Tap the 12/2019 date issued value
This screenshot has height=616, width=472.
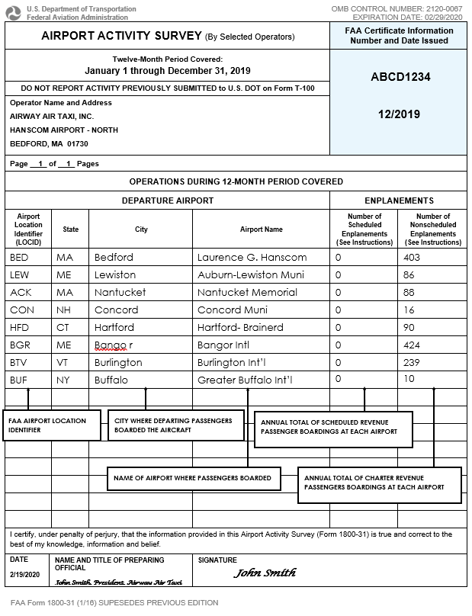(x=399, y=114)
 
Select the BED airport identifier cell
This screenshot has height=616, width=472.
(x=19, y=258)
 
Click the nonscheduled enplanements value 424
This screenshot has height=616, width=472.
(x=413, y=345)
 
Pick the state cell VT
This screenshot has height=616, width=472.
(x=64, y=362)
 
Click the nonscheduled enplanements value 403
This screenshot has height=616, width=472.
(x=412, y=258)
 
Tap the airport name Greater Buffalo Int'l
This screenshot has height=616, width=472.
(x=245, y=380)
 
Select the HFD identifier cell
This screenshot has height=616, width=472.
(x=20, y=327)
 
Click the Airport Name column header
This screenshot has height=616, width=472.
(x=261, y=229)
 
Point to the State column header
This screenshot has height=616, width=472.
(x=70, y=229)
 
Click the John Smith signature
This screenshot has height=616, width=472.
(x=264, y=573)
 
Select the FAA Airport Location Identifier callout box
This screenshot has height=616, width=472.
(x=53, y=425)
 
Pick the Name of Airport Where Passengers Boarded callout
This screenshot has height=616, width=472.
(x=193, y=478)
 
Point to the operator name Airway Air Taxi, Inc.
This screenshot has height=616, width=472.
(x=52, y=116)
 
